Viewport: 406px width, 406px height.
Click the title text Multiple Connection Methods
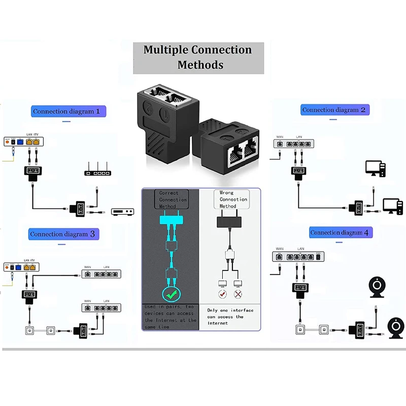pyautogui.click(x=198, y=57)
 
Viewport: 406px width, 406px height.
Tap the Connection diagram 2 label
pyautogui.click(x=334, y=110)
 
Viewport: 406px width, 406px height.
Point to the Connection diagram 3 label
pyautogui.click(x=62, y=234)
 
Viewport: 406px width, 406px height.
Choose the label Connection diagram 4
pyautogui.click(x=341, y=232)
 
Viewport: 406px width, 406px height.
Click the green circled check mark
pyautogui.click(x=170, y=294)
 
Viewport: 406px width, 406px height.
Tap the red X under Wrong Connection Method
pyautogui.click(x=236, y=294)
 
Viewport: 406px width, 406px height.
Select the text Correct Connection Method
pyautogui.click(x=172, y=199)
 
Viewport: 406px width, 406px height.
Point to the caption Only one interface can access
pyautogui.click(x=230, y=316)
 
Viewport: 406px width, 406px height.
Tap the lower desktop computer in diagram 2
pyautogui.click(x=393, y=206)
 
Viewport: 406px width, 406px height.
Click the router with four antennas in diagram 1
pyautogui.click(x=97, y=170)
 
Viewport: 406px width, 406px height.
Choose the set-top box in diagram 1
pyautogui.click(x=122, y=212)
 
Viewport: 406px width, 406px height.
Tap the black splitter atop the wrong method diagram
pyautogui.click(x=230, y=223)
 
